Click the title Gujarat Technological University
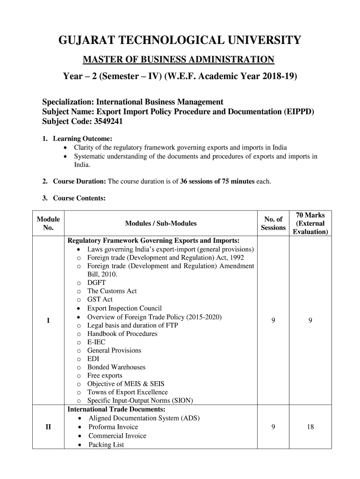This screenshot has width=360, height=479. (x=180, y=41)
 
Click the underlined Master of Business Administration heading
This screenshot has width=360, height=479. (x=179, y=59)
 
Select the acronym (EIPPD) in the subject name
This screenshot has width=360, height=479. (x=298, y=112)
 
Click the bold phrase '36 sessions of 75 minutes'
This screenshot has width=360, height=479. (x=217, y=181)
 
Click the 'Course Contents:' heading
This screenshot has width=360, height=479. (x=79, y=198)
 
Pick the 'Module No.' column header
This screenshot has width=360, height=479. (x=48, y=224)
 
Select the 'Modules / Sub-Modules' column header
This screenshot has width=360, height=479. (x=161, y=224)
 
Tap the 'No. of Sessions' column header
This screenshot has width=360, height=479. (x=273, y=224)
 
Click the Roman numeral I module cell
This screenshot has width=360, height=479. (x=48, y=320)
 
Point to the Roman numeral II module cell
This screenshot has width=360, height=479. (x=48, y=427)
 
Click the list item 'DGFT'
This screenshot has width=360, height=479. (x=96, y=283)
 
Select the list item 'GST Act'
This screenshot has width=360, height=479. (x=100, y=299)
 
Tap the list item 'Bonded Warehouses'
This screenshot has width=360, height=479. (x=116, y=367)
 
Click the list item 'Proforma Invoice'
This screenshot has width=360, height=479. (x=113, y=427)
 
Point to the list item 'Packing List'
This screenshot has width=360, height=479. (x=106, y=445)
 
